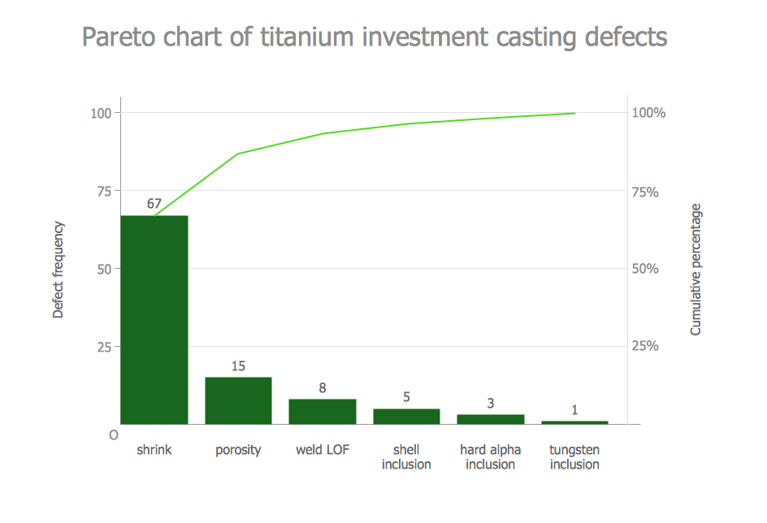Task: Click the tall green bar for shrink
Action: (x=154, y=320)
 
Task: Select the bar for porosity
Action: (x=238, y=400)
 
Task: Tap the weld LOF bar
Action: (x=323, y=411)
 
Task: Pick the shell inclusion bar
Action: (x=406, y=416)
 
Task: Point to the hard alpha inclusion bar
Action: (x=491, y=419)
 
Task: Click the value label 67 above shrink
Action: (x=154, y=204)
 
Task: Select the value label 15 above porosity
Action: (x=238, y=366)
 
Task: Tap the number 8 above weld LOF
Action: (x=323, y=388)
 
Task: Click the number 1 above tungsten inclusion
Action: (x=574, y=410)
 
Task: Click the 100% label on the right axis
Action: (x=648, y=113)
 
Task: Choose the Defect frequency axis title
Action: (x=58, y=269)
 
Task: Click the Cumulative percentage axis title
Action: (x=695, y=269)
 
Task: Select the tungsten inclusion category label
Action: (x=574, y=457)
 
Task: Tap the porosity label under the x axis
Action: (x=238, y=450)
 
